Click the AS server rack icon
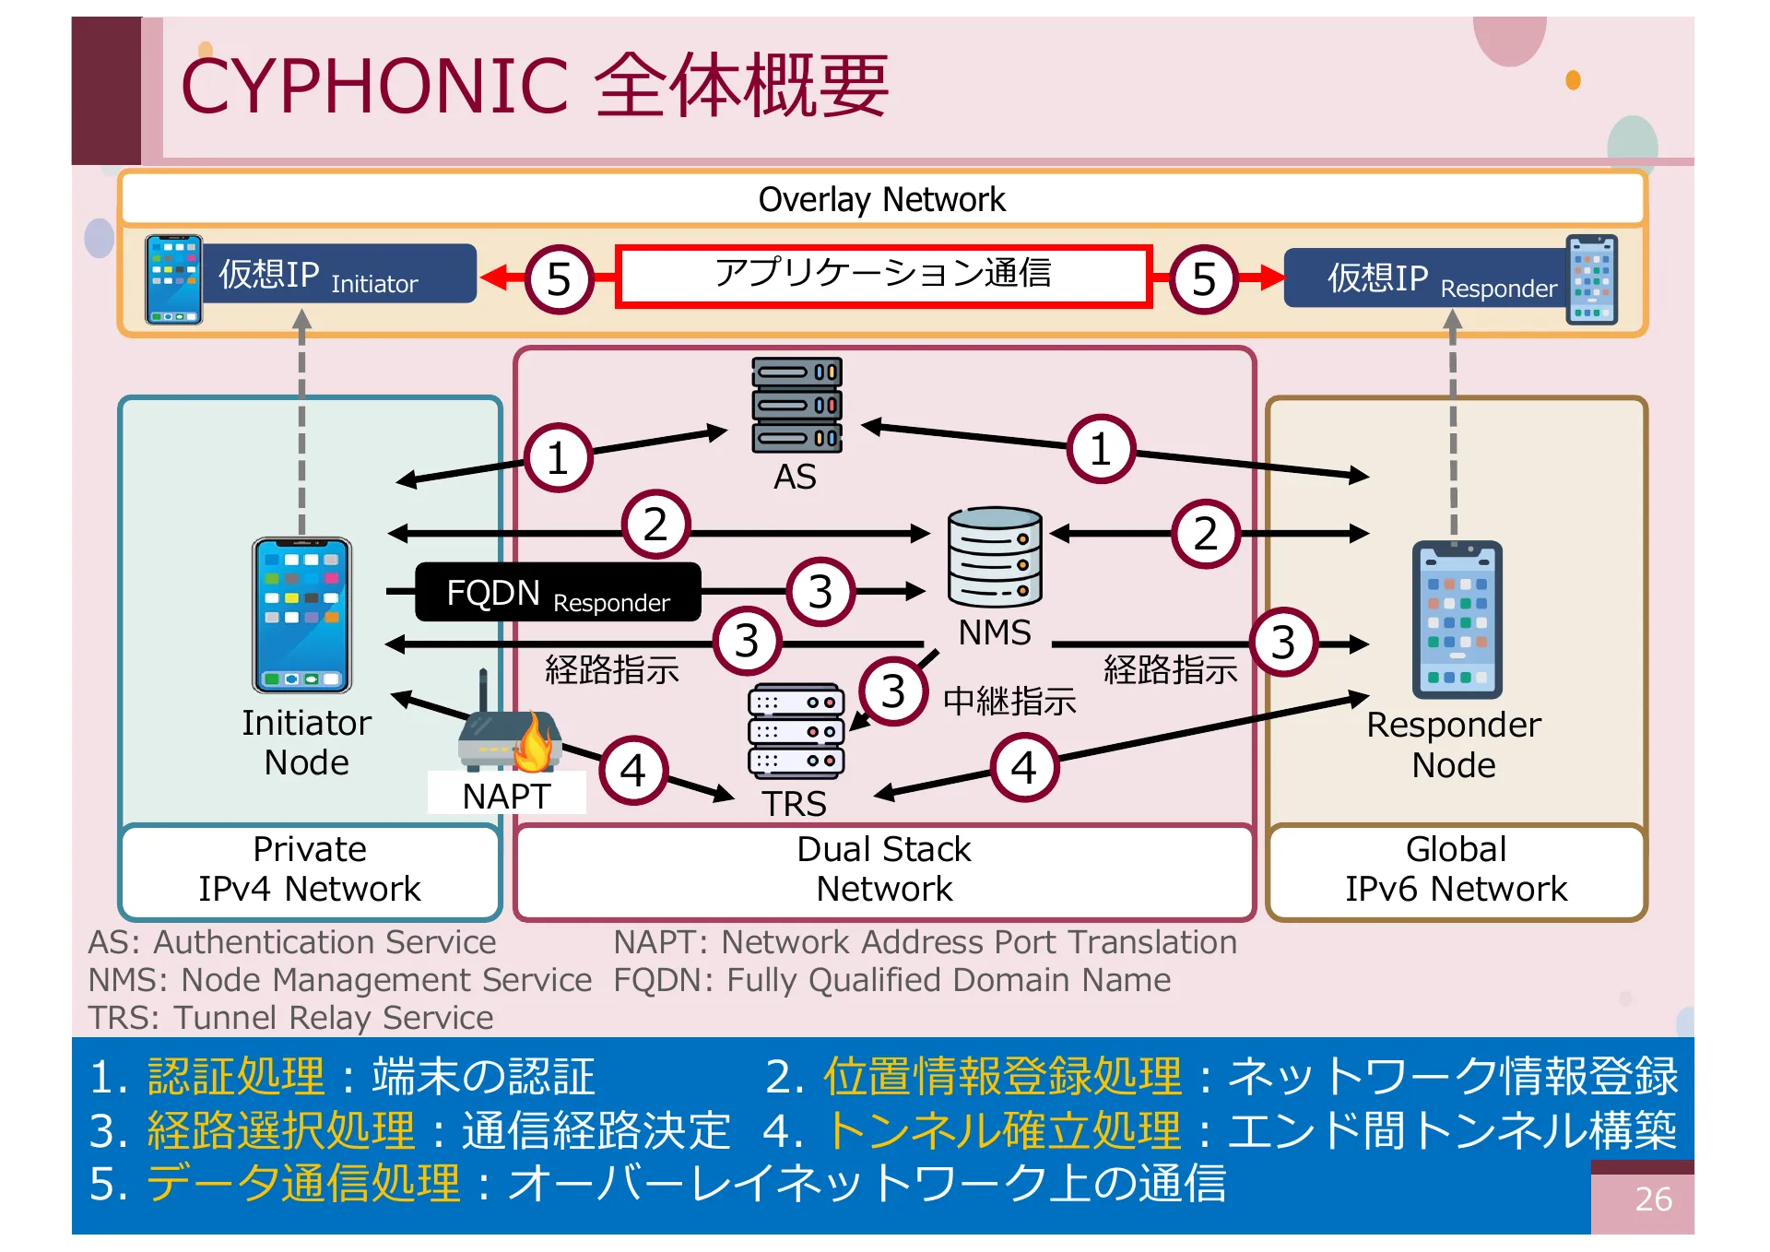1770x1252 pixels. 796,406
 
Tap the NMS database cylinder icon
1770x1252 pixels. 995,556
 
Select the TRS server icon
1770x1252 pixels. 796,731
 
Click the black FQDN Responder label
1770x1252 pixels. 558,593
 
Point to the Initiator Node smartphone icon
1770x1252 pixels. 302,615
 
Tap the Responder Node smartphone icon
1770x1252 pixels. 1457,620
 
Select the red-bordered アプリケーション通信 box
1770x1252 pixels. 883,275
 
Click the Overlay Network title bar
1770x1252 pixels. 882,199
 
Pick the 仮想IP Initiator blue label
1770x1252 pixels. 338,274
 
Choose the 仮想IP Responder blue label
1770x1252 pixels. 1424,278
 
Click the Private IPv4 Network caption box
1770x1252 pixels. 310,869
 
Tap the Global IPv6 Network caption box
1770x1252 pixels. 1456,869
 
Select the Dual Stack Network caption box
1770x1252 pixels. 884,869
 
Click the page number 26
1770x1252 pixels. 1652,1199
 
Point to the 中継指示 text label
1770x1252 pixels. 1009,702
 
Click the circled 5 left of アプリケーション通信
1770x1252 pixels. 559,278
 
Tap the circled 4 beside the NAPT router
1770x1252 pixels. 633,770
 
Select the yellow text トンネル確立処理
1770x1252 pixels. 1004,1130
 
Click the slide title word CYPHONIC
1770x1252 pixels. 374,87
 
